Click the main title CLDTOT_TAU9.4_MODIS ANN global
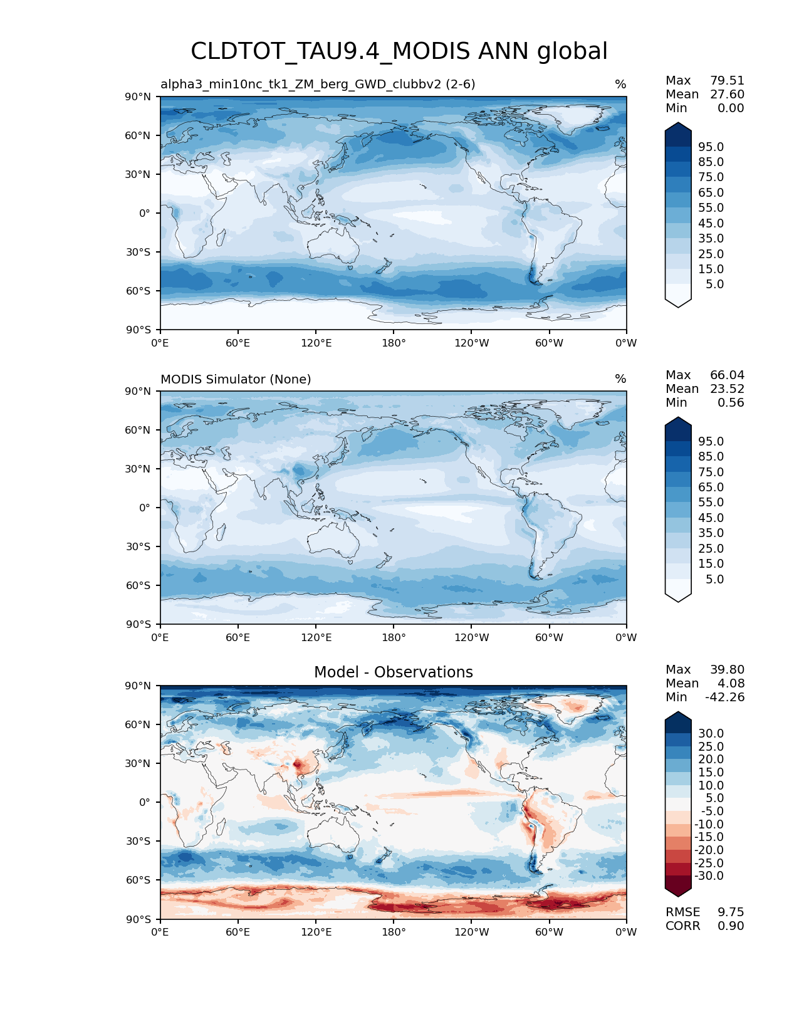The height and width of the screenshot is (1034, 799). point(399,51)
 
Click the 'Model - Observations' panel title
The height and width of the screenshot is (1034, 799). point(393,672)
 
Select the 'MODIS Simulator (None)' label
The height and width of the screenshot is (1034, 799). point(236,379)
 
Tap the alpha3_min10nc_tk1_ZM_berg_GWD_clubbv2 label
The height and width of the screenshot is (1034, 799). point(318,84)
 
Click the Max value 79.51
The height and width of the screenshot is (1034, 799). point(727,80)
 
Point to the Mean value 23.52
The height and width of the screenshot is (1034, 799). point(727,389)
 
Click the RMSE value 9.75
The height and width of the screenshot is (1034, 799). point(731,912)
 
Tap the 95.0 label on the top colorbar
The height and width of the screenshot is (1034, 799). point(711,147)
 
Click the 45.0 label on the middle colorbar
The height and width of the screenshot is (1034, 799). point(711,518)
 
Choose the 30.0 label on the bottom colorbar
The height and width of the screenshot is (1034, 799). point(711,733)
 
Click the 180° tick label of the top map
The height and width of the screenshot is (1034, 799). point(394,343)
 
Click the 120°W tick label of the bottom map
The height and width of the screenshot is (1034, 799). point(472,932)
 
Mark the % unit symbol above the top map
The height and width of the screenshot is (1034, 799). point(620,84)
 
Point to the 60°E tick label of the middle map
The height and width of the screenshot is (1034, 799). point(238,637)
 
